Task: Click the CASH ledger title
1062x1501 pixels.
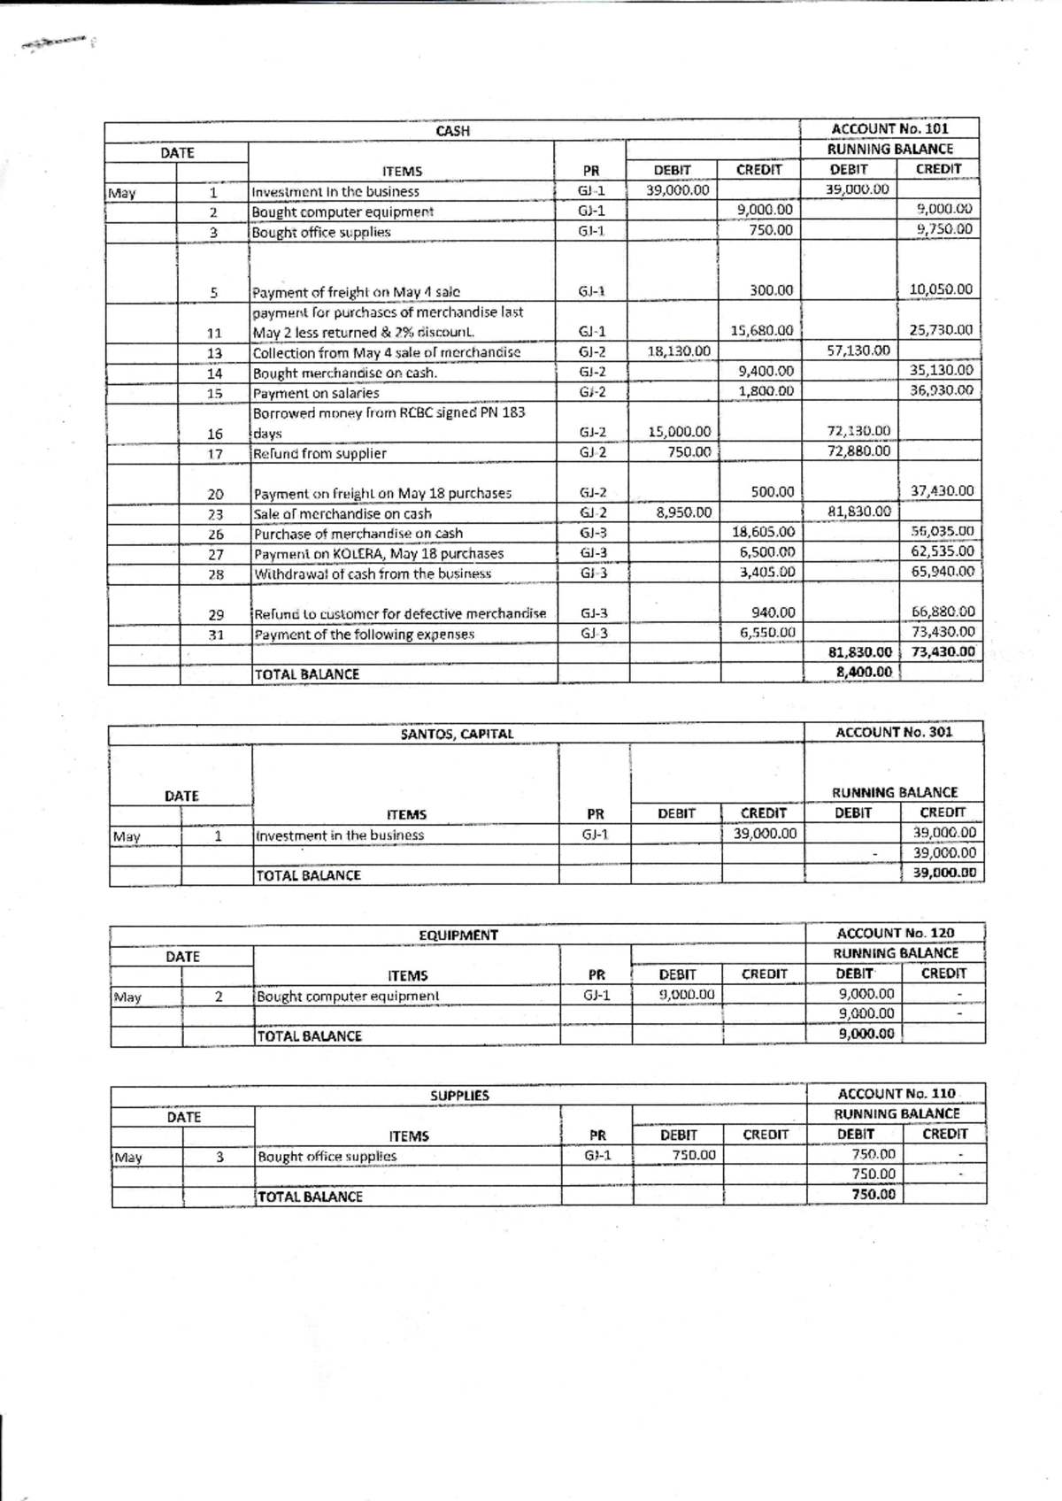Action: (x=452, y=131)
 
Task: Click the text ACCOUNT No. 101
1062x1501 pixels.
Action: (x=889, y=129)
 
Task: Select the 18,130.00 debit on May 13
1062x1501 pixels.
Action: (x=678, y=351)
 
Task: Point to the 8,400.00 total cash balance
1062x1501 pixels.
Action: (x=864, y=672)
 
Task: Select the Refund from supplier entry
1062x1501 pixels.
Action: (x=319, y=453)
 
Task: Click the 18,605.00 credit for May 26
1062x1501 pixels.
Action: (x=763, y=532)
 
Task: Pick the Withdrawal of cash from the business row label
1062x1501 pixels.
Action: (x=372, y=573)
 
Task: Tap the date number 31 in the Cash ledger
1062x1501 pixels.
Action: (x=215, y=635)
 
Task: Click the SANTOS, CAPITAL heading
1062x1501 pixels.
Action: (x=457, y=734)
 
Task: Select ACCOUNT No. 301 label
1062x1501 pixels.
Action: (x=894, y=732)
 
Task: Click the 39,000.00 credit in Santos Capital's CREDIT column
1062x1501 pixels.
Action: (x=765, y=833)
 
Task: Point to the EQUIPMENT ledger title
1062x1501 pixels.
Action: (x=458, y=935)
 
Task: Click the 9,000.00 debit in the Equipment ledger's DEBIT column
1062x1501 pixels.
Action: (x=686, y=994)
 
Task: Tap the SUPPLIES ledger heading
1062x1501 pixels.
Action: (x=459, y=1096)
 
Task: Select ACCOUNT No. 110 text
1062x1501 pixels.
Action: (x=897, y=1094)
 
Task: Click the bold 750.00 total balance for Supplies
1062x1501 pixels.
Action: (x=873, y=1194)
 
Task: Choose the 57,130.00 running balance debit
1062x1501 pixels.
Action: (x=858, y=350)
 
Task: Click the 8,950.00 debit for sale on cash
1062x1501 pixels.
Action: (x=683, y=512)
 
